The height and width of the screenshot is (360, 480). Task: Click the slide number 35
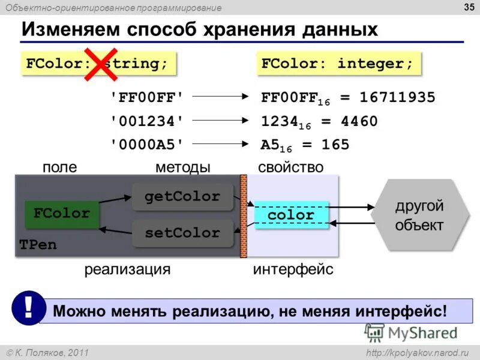[466, 7]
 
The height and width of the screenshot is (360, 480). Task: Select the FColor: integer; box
[338, 64]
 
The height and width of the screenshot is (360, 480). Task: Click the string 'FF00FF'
[146, 97]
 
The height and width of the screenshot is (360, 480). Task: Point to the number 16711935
[401, 97]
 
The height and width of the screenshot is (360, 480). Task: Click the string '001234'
[146, 121]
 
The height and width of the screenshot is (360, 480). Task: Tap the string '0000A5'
[146, 145]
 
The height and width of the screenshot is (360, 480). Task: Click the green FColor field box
[62, 214]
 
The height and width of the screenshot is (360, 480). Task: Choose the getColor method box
[182, 197]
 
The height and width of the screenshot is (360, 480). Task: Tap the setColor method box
[182, 233]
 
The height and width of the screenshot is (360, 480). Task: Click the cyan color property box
[291, 215]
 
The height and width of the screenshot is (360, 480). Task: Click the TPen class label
[38, 245]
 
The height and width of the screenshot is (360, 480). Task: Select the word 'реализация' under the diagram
[127, 270]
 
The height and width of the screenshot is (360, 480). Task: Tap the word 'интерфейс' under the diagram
[293, 270]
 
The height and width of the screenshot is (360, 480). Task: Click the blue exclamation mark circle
[28, 308]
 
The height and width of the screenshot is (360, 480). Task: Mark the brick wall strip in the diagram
[244, 215]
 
